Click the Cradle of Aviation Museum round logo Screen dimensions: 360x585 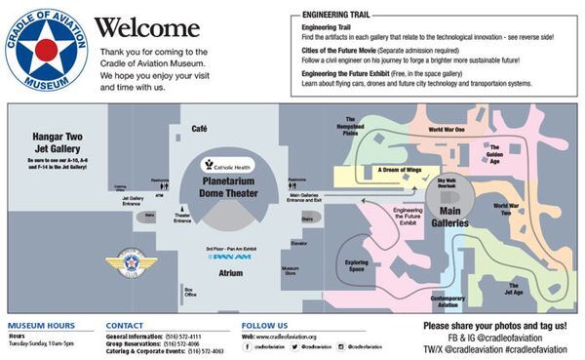click(46, 48)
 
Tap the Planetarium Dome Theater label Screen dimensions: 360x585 click(230, 186)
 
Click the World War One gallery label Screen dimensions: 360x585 click(447, 129)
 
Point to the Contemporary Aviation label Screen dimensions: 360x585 click(447, 300)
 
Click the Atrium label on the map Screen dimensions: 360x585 click(230, 273)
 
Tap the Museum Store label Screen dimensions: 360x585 click(290, 270)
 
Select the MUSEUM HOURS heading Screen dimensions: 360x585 click(40, 326)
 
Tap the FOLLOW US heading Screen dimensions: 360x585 click(264, 326)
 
